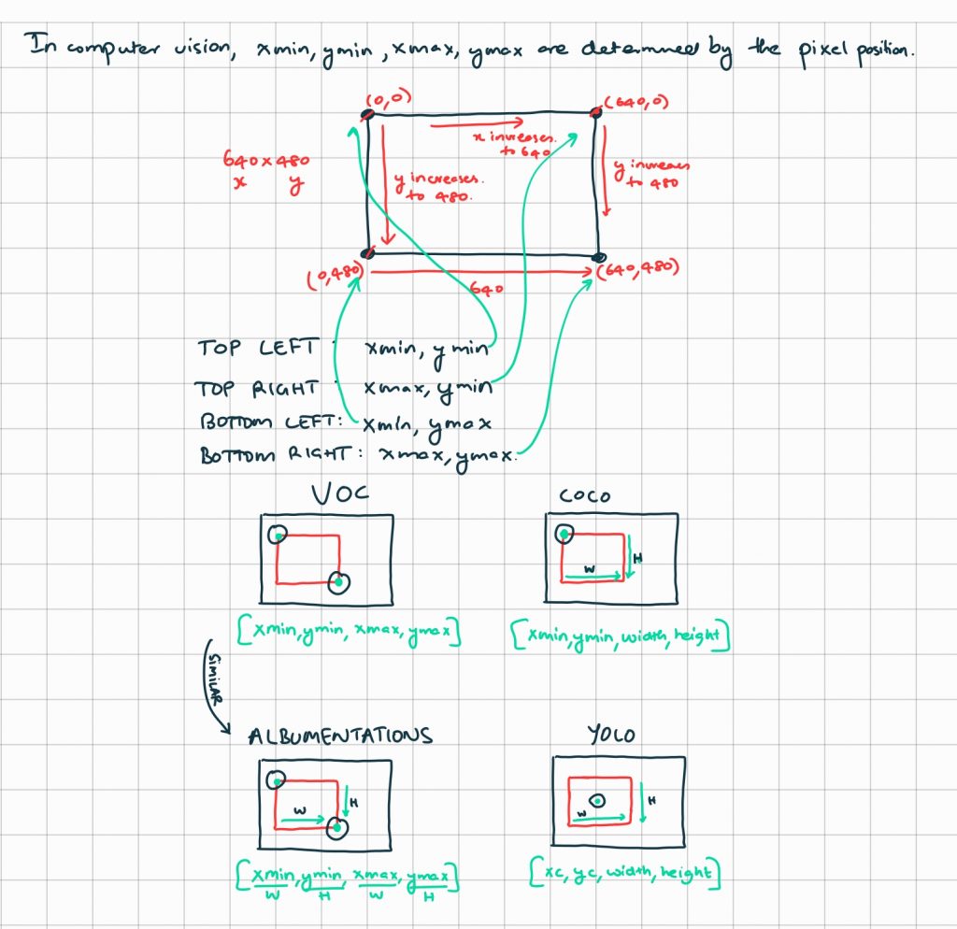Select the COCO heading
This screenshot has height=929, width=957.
click(584, 495)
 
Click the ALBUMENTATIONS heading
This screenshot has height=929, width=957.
click(340, 736)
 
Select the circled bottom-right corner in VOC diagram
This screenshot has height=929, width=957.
click(338, 583)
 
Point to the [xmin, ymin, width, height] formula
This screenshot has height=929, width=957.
click(620, 635)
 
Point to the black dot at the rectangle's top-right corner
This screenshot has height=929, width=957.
click(595, 112)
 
